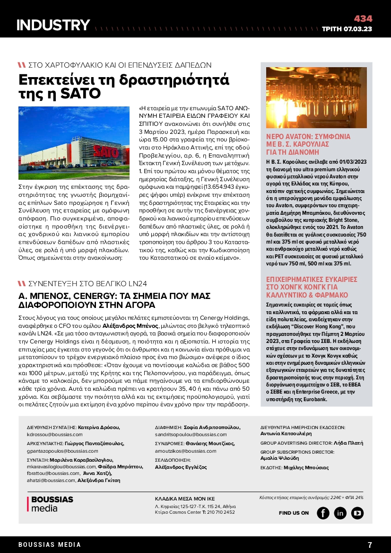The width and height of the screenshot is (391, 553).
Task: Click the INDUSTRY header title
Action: point(53,25)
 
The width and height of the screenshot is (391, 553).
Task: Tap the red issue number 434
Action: point(363,19)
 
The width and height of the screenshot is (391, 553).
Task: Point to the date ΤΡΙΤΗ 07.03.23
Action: point(347,29)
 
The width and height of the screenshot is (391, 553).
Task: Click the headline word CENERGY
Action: point(94,296)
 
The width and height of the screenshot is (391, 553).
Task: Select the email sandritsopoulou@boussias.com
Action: point(191,434)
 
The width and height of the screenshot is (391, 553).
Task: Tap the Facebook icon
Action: point(323,513)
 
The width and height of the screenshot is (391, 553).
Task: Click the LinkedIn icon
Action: point(340,513)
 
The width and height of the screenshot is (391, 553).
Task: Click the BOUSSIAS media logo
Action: point(50,504)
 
